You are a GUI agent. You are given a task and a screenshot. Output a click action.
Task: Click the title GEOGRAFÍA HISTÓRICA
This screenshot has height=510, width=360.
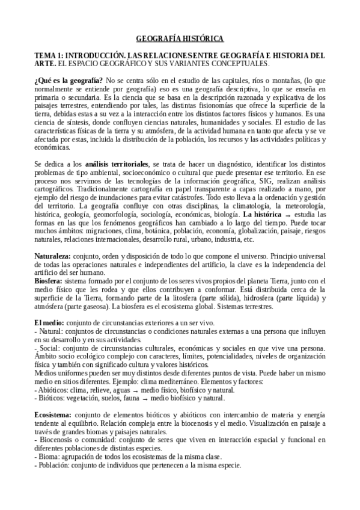180,38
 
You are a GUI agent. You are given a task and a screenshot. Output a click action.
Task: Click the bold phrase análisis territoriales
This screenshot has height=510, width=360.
117,164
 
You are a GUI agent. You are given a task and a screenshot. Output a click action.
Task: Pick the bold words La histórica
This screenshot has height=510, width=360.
260,214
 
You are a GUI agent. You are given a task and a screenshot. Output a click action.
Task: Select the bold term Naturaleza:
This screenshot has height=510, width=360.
52,256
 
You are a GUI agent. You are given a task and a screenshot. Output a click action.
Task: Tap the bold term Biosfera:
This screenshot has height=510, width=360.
49,281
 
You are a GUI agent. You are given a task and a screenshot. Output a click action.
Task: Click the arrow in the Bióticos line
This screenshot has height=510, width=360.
143,399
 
